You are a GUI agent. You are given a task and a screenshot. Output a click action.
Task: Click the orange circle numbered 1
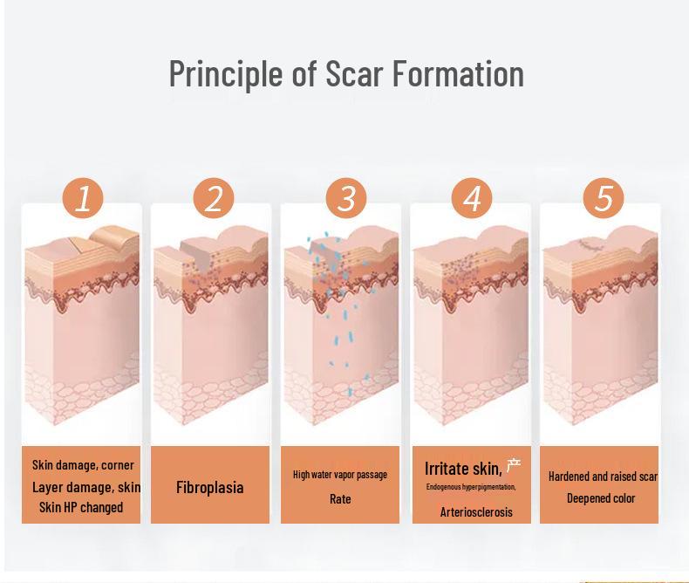click(x=83, y=199)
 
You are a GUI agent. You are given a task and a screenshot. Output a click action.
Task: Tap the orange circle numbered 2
click(x=214, y=199)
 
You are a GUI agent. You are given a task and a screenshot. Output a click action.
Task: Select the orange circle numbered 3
click(x=345, y=199)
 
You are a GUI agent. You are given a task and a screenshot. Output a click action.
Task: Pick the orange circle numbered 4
click(x=472, y=199)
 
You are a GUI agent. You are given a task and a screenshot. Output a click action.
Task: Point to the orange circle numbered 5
click(x=604, y=199)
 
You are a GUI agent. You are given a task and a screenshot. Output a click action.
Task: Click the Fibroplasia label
click(x=209, y=487)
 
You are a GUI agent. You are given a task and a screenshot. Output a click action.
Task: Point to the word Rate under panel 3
click(x=340, y=499)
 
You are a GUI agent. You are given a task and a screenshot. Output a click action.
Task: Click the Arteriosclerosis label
click(x=476, y=512)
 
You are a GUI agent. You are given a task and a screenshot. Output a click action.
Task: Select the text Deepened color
click(x=601, y=498)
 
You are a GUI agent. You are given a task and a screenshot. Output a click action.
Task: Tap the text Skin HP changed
click(x=81, y=507)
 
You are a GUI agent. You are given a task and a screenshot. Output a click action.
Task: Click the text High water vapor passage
click(x=340, y=475)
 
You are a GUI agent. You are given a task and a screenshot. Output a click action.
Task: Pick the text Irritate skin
click(x=462, y=469)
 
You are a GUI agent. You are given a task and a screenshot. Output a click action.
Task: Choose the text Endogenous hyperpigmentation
click(x=471, y=487)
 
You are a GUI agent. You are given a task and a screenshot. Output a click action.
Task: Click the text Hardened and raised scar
click(x=603, y=477)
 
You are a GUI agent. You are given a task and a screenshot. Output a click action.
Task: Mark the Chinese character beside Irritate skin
click(x=514, y=466)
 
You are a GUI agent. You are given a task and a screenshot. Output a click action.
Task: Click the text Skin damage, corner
click(x=84, y=465)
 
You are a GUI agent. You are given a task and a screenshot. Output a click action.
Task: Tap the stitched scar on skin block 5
click(x=587, y=247)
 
